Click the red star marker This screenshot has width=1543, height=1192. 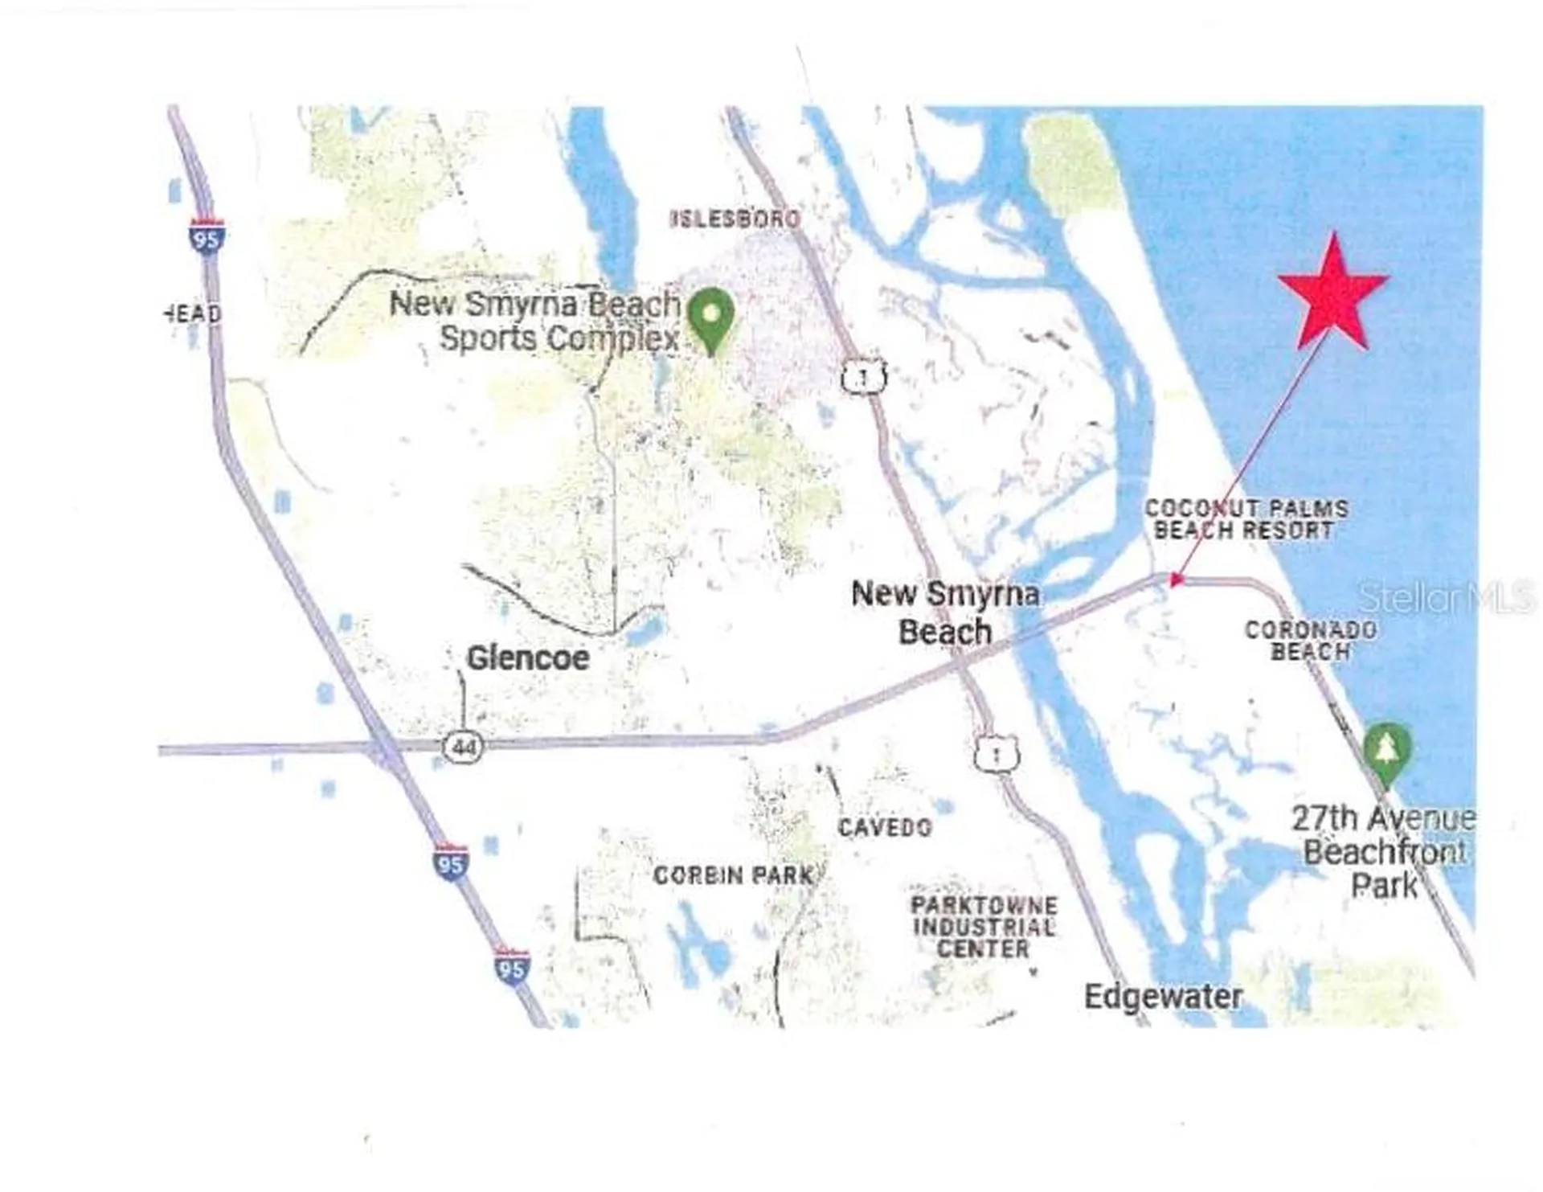pos(1332,293)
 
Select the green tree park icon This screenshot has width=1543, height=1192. pos(1386,751)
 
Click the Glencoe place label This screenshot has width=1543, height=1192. pos(528,658)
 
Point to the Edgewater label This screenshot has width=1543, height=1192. pos(1163,997)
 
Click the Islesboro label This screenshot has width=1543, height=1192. pos(735,219)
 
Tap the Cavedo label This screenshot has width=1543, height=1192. pos(885,827)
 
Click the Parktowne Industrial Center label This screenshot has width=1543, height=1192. pos(984,927)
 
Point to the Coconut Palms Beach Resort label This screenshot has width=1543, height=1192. pos(1246,519)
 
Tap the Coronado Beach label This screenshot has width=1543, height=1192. pos(1311,641)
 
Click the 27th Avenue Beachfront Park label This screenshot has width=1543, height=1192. pos(1384,852)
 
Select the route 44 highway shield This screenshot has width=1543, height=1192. pos(464,748)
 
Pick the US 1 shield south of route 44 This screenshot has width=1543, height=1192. pos(997,755)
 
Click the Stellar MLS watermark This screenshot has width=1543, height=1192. pos(1445,596)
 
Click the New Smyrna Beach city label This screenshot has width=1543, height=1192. pos(945,612)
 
